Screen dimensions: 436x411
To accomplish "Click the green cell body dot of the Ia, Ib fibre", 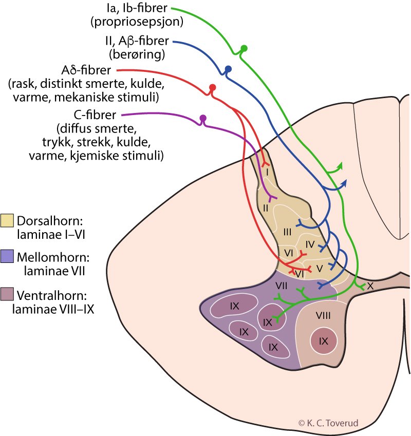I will [x=245, y=49].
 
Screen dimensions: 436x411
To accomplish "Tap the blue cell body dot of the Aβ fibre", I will [x=229, y=69].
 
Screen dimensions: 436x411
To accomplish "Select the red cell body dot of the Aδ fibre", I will [x=213, y=87].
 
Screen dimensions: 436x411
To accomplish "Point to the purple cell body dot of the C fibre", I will [x=203, y=118].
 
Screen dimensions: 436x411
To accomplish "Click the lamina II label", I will [x=266, y=208].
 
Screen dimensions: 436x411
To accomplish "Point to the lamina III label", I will [x=287, y=232].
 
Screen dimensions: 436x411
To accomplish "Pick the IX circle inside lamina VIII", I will [x=323, y=340].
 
